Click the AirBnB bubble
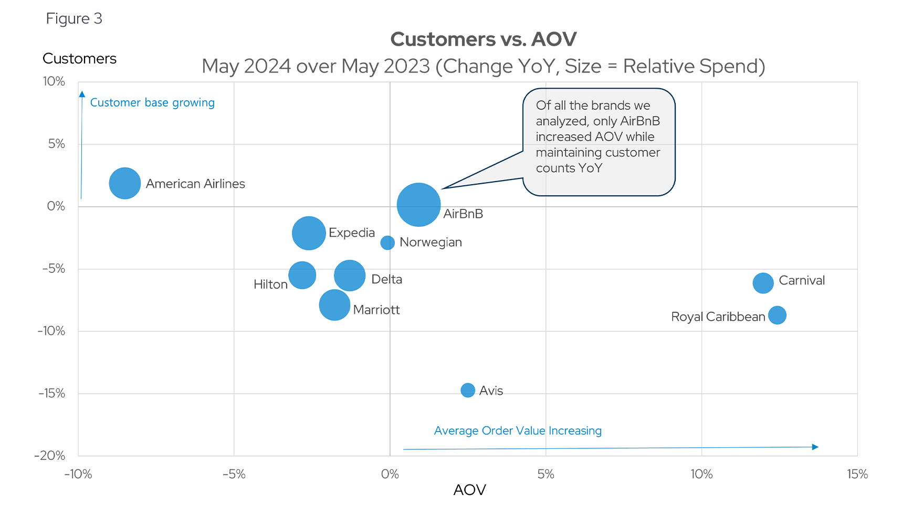[418, 205]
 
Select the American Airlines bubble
[125, 183]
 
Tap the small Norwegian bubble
[387, 243]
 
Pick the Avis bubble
[468, 390]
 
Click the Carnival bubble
[763, 283]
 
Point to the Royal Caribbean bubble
[777, 315]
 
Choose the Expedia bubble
[309, 233]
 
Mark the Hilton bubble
[302, 275]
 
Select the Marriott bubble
[334, 305]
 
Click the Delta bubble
[350, 275]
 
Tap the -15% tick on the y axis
[52, 393]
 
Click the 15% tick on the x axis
[857, 475]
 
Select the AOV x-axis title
[469, 490]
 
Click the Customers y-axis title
[79, 58]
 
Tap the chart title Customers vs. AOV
[484, 39]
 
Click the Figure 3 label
[74, 19]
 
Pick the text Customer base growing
[152, 102]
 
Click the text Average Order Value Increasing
[518, 430]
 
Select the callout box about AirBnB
[599, 142]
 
